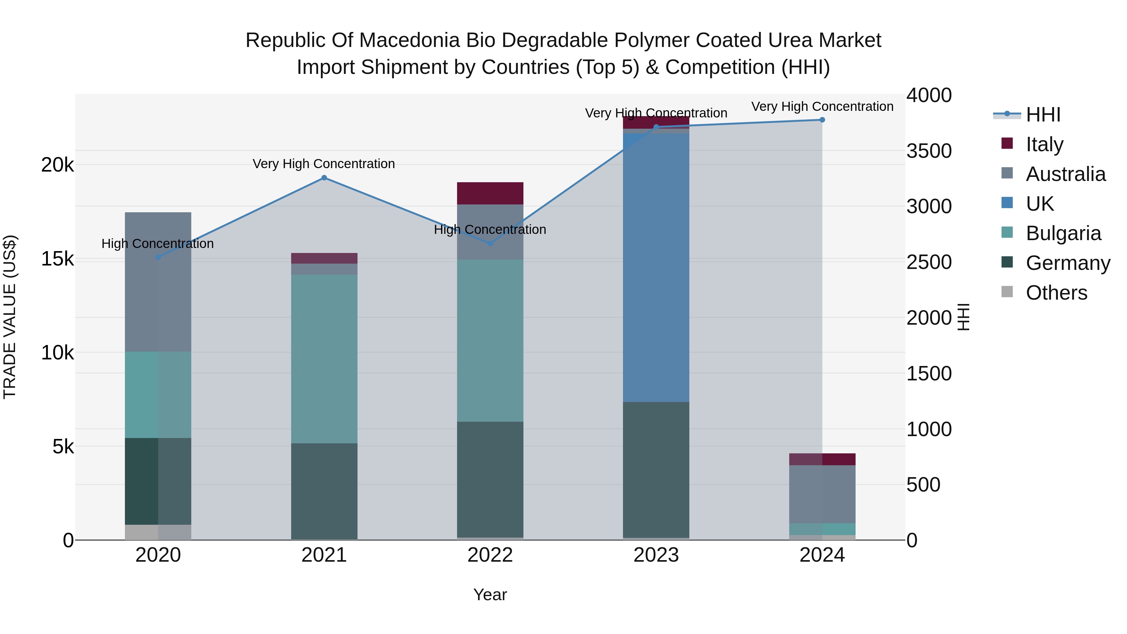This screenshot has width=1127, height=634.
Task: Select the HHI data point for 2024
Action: pyautogui.click(x=822, y=120)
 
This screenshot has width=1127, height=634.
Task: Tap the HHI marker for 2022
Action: pyautogui.click(x=490, y=244)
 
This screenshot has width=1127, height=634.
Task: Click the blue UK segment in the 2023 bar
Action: pyautogui.click(x=656, y=267)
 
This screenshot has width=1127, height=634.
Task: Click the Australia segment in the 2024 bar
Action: pyautogui.click(x=822, y=494)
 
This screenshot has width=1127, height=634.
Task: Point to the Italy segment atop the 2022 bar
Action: pyautogui.click(x=490, y=193)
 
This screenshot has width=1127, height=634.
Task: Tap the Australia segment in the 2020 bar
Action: pyautogui.click(x=158, y=282)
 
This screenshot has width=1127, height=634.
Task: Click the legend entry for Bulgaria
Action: pyautogui.click(x=1063, y=233)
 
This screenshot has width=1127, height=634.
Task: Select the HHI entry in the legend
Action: pyautogui.click(x=1043, y=115)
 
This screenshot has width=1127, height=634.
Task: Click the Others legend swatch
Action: pyautogui.click(x=1007, y=292)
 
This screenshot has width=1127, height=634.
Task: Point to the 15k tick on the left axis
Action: pyautogui.click(x=57, y=259)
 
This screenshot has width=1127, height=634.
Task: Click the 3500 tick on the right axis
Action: pyautogui.click(x=929, y=151)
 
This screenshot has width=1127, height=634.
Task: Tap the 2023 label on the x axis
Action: pyautogui.click(x=656, y=555)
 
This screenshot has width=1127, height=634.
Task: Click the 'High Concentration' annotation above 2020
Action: pyautogui.click(x=157, y=244)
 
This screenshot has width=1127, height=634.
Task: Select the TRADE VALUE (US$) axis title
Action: pyautogui.click(x=10, y=317)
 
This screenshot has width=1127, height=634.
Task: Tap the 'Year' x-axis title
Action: pyautogui.click(x=490, y=595)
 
